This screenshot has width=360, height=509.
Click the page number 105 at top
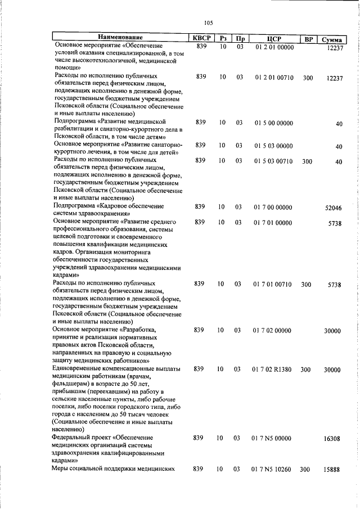point(208,22)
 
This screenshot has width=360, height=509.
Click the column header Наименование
point(119,38)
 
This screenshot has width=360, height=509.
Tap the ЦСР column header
point(274,38)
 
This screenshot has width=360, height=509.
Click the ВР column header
point(308,38)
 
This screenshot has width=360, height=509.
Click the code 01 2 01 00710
point(274,78)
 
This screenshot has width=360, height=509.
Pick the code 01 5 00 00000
point(274,123)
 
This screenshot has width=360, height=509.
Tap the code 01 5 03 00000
point(274,146)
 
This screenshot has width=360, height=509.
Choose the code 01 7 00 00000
point(274,207)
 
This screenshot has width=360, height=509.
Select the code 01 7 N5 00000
point(274,438)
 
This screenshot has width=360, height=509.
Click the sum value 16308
point(332,438)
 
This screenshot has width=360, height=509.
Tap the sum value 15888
point(332,470)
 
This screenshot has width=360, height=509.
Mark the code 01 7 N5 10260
point(274,469)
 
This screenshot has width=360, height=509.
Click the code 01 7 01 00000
point(274,223)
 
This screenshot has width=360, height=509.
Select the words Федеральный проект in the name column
point(84,437)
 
